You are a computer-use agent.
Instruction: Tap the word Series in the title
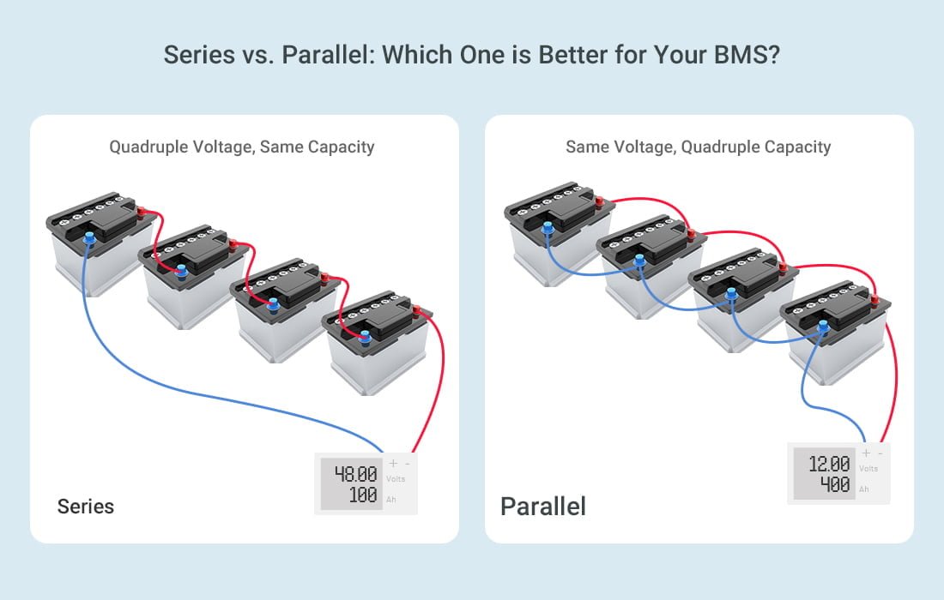(194, 55)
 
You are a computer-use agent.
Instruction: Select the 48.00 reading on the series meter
(355, 474)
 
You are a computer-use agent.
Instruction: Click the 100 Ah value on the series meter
(363, 495)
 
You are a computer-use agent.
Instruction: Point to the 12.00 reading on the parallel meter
(829, 464)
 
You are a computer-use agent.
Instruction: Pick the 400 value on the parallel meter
(835, 485)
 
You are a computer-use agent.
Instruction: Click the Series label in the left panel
(85, 506)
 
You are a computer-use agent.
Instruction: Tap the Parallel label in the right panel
(542, 506)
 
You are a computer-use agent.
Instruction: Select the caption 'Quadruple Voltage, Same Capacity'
(242, 147)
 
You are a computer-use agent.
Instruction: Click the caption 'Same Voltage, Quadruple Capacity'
(698, 147)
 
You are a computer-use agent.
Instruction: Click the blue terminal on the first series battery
(90, 237)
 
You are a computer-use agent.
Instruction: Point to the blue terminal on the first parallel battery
(548, 228)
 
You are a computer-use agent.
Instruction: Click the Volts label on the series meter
(396, 479)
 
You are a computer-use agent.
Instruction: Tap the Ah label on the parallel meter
(864, 489)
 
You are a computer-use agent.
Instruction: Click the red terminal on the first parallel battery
(600, 203)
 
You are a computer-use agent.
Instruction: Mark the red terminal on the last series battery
(417, 311)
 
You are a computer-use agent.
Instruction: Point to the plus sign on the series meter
(393, 464)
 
